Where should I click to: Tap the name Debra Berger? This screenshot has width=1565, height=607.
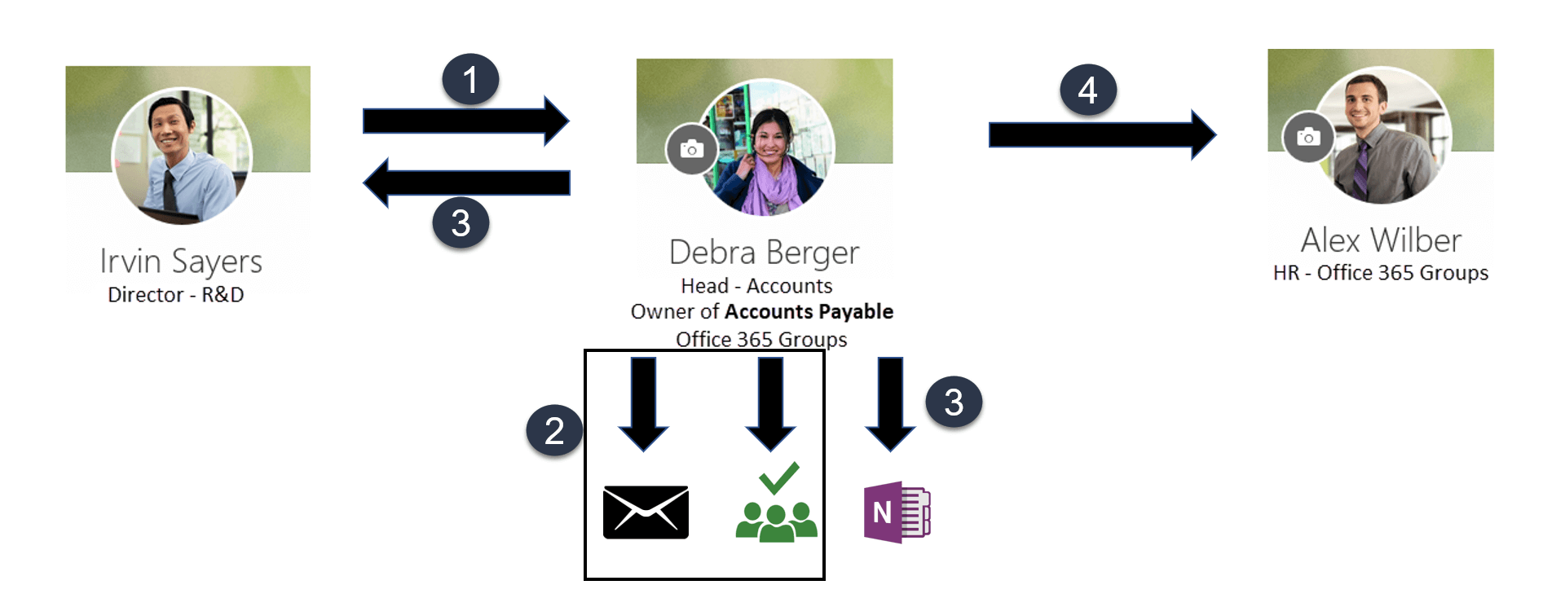(764, 253)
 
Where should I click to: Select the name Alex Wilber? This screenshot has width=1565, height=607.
(1381, 240)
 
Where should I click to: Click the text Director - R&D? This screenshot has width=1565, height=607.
(176, 295)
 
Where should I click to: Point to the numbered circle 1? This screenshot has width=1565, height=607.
(470, 80)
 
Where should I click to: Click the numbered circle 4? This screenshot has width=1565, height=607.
(1087, 90)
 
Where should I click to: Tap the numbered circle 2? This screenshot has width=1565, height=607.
(554, 430)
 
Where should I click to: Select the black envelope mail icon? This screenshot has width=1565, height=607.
(646, 512)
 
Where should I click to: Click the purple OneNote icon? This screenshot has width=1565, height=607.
(897, 512)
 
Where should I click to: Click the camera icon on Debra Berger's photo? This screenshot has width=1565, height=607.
(692, 149)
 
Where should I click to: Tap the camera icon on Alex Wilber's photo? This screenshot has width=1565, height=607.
(1308, 137)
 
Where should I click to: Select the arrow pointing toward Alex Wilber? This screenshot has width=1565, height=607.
(1100, 134)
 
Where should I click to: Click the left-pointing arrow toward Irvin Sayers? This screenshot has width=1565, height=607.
(466, 183)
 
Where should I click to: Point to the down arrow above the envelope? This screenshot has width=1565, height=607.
(643, 403)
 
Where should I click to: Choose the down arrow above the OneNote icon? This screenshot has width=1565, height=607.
(890, 403)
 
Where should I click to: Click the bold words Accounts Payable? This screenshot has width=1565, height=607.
(809, 312)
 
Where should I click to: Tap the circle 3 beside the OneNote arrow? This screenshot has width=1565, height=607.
(954, 402)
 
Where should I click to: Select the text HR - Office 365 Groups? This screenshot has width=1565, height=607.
(1381, 273)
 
